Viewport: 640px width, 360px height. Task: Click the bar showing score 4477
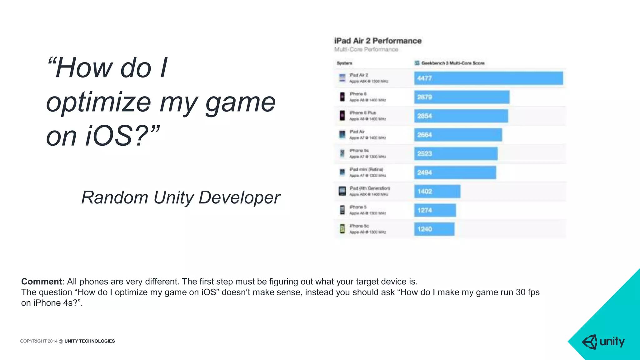click(x=488, y=78)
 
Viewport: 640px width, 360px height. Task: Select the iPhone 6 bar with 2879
click(x=462, y=97)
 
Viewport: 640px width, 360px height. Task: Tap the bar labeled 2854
click(x=461, y=116)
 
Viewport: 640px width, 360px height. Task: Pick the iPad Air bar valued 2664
click(x=458, y=135)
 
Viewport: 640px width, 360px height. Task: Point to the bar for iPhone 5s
click(x=456, y=154)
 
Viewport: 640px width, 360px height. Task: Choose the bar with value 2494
click(x=455, y=172)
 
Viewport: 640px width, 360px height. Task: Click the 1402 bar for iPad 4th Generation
click(x=437, y=191)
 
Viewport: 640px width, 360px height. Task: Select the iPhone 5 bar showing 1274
click(x=435, y=210)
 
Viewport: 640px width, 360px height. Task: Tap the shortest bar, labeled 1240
click(x=434, y=229)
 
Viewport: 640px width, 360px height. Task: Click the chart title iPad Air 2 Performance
click(x=378, y=41)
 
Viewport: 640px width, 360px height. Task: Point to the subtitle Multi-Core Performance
click(x=366, y=49)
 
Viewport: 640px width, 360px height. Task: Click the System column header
click(x=344, y=63)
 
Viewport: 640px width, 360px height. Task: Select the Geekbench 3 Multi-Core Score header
click(x=452, y=63)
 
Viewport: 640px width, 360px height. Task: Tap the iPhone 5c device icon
click(x=342, y=229)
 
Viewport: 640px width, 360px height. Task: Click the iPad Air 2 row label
click(x=359, y=75)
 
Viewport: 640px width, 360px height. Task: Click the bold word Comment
click(x=42, y=282)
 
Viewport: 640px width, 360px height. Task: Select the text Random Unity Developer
click(x=181, y=197)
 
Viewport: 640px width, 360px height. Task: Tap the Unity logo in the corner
click(x=603, y=342)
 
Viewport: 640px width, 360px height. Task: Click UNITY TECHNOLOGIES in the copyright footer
click(x=90, y=341)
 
